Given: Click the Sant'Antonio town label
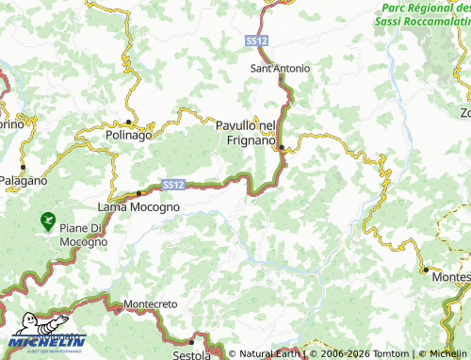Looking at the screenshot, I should [x=280, y=69].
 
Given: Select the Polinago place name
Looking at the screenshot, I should [x=128, y=136].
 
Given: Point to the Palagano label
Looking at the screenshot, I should [x=23, y=179].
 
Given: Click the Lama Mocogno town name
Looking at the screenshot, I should [x=137, y=205].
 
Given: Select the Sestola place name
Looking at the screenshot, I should [x=191, y=354].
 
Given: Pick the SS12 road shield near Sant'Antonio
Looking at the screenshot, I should [x=255, y=41].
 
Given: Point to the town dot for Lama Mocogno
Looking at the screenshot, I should [x=138, y=193].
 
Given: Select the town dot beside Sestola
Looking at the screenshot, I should [x=191, y=341].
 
